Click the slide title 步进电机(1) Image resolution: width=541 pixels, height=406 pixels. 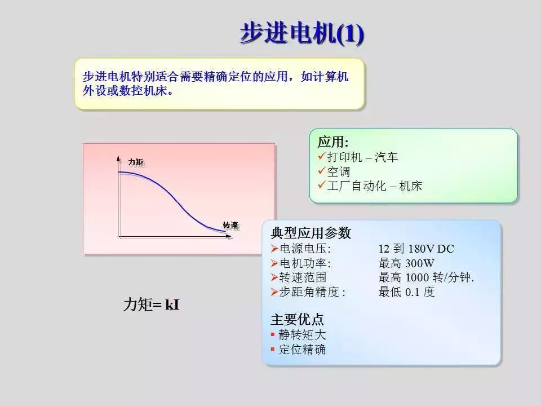coord(302,33)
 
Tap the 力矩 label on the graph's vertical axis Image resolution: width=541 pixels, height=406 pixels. coord(136,162)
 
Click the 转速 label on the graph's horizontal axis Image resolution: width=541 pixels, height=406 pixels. coord(230,226)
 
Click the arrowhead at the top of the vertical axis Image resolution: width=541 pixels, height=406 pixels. coord(119,158)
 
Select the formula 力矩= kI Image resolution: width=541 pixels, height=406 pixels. coord(152,304)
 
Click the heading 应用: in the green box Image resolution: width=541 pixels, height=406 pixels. coord(333,142)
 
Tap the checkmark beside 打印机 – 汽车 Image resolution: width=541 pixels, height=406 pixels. coord(322,156)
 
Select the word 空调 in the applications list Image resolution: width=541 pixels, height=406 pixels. coord(339,171)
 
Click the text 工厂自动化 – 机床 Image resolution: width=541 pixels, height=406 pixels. coord(375,186)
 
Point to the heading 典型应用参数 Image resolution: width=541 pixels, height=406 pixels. coord(311,233)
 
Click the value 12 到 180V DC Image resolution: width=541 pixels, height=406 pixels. coord(416,249)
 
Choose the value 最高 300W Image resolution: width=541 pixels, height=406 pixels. coord(406,263)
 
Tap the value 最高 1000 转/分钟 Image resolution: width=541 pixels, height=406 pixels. coord(426,277)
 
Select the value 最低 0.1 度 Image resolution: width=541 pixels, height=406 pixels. coord(406,292)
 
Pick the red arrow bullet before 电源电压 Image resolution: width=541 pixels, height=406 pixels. coord(274,249)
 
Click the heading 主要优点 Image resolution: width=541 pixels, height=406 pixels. coord(297,320)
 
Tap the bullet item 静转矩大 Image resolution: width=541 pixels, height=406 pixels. coord(302,334)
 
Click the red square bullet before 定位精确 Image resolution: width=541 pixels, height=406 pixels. coord(273,350)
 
